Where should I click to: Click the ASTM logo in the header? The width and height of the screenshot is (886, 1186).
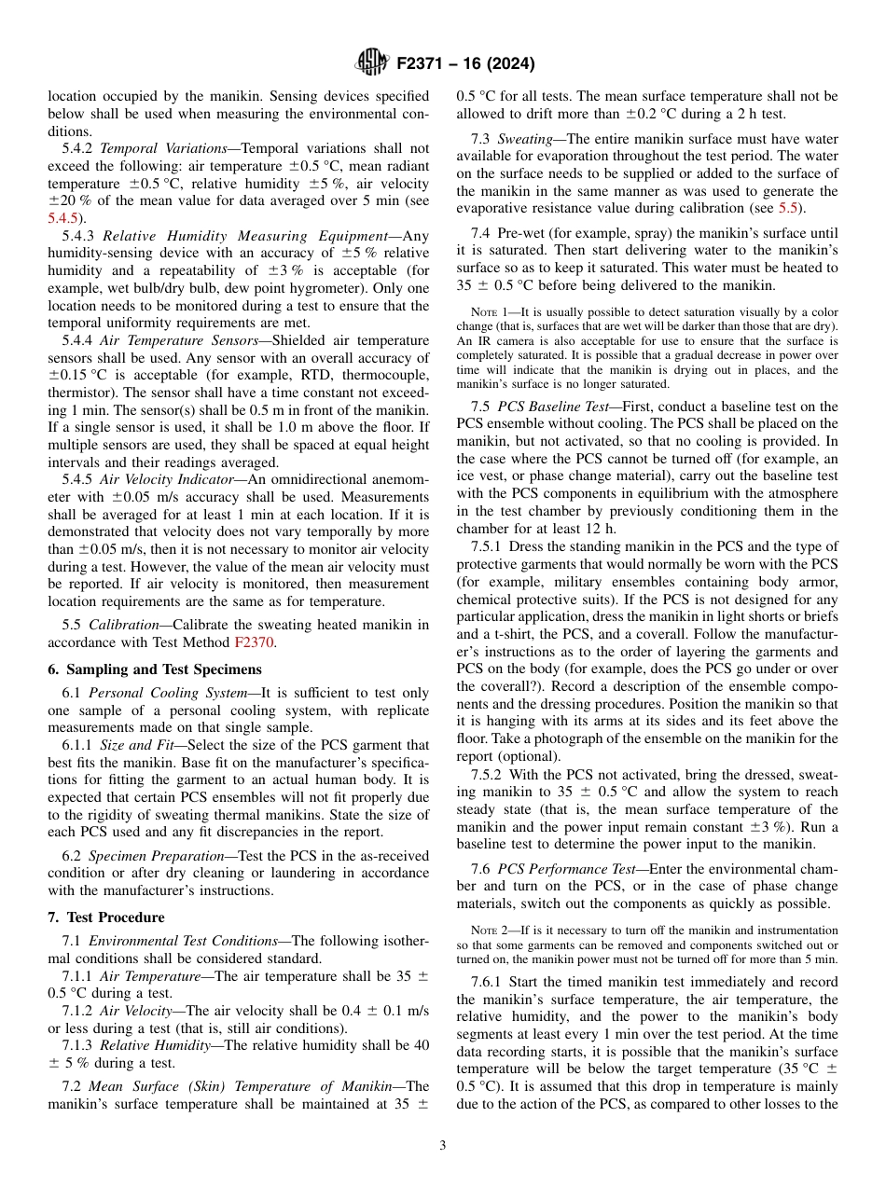pyautogui.click(x=372, y=63)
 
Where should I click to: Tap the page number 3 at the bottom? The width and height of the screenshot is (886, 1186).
pyautogui.click(x=442, y=1145)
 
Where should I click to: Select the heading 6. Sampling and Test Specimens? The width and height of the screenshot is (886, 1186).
pyautogui.click(x=154, y=669)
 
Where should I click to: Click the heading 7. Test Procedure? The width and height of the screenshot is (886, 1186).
pyautogui.click(x=105, y=917)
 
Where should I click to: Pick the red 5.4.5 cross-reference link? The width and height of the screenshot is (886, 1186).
pyautogui.click(x=64, y=217)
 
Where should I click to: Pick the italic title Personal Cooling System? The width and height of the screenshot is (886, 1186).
pyautogui.click(x=165, y=693)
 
